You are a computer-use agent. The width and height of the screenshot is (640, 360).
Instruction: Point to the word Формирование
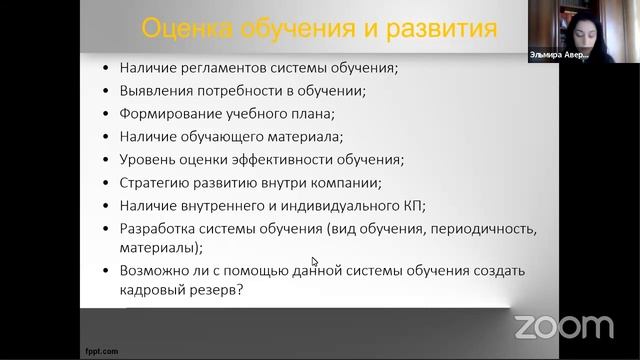[x=167, y=115]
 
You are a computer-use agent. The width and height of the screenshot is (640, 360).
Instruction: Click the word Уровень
[x=146, y=160]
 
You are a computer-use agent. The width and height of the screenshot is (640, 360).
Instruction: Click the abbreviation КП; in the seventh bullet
[x=412, y=206]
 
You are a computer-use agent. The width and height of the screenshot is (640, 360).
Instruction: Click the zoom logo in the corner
[x=563, y=326]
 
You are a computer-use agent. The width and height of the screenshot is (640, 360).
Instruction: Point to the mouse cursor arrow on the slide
[x=314, y=262]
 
